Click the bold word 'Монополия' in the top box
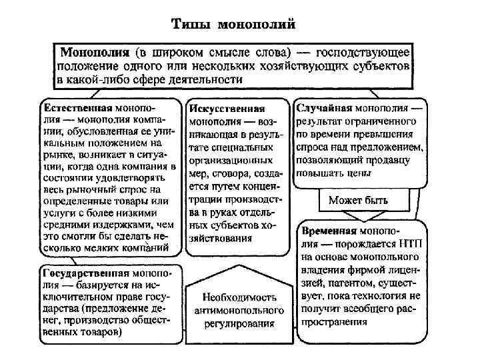point(95,52)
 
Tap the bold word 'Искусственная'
point(227,109)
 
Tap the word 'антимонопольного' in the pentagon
point(239,311)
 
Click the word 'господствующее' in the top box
point(364,52)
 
